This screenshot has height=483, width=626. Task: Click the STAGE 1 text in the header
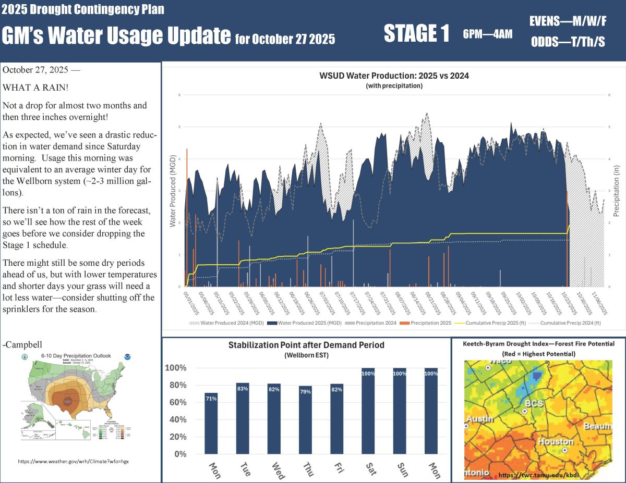click(416, 34)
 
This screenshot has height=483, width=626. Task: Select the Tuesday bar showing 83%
click(243, 418)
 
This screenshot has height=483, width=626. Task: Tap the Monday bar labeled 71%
click(211, 423)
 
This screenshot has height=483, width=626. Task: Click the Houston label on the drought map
click(555, 442)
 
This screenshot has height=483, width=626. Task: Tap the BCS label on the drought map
click(534, 403)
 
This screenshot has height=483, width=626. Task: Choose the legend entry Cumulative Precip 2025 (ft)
click(492, 323)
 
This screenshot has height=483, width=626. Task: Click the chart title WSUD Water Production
click(394, 76)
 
